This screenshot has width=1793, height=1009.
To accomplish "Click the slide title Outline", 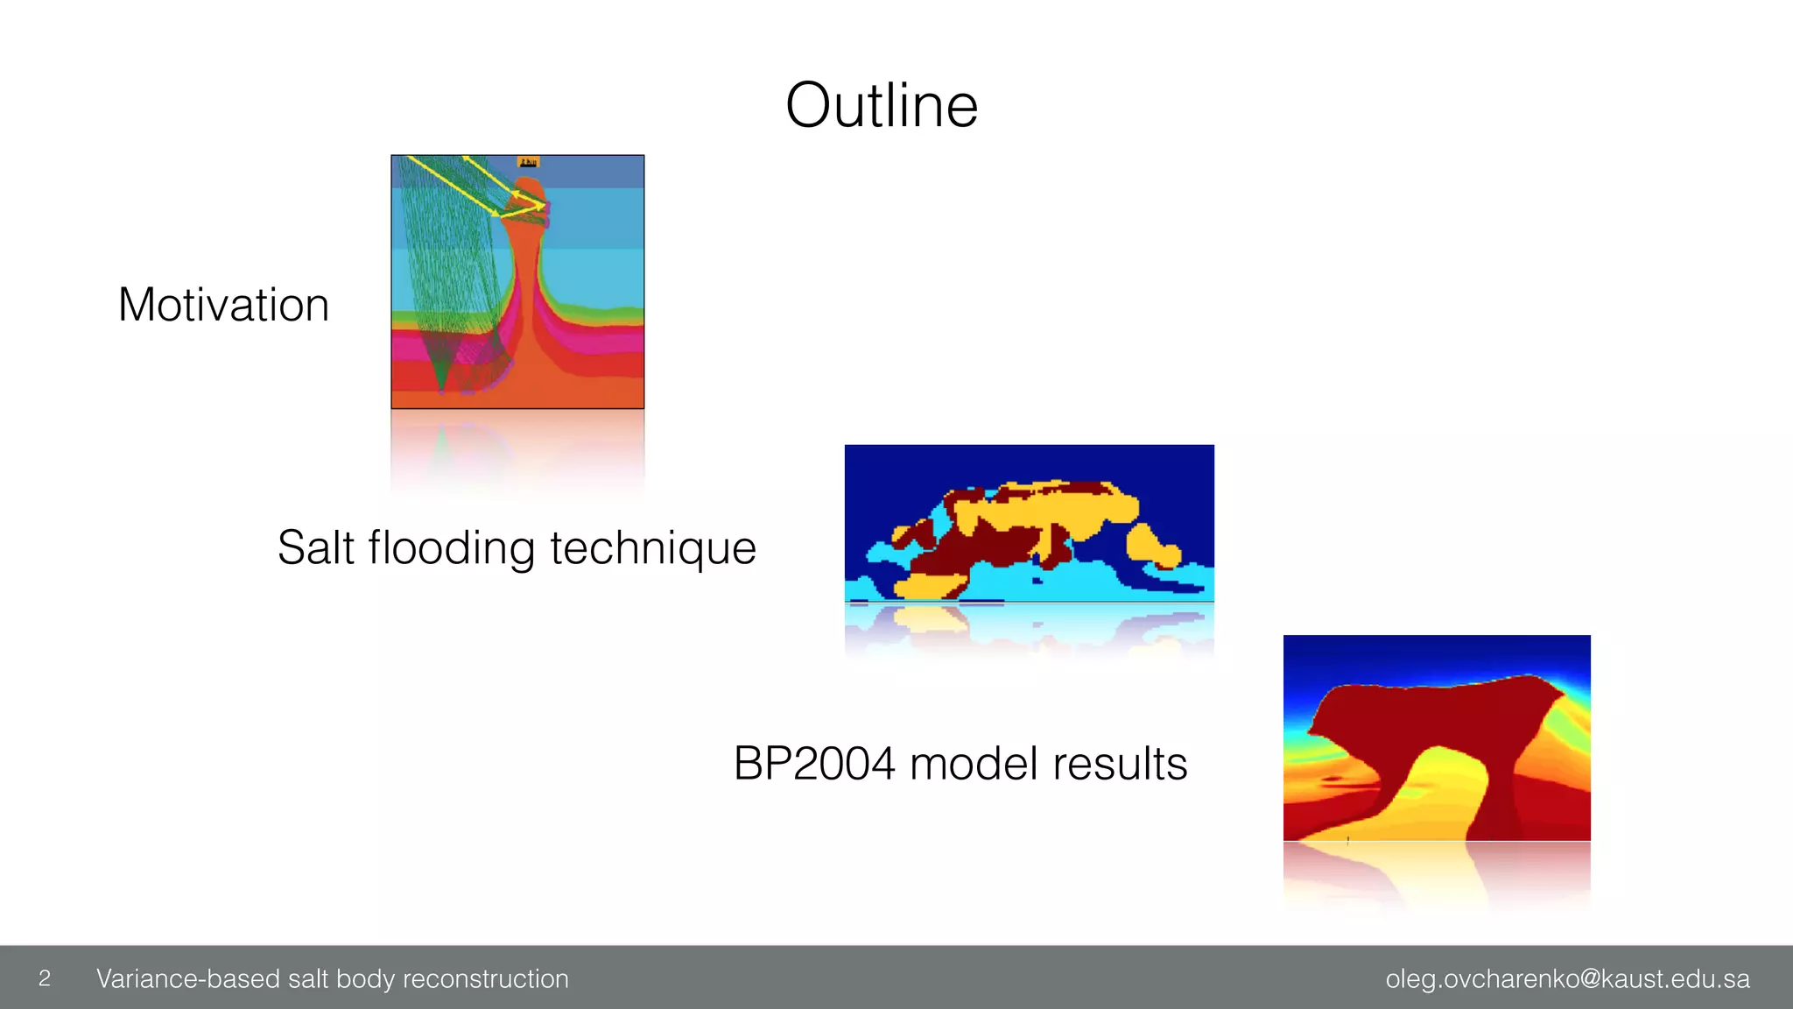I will pyautogui.click(x=882, y=106).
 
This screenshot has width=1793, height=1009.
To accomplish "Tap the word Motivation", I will pyautogui.click(x=223, y=305).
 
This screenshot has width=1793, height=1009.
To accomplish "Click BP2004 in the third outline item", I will pyautogui.click(x=814, y=764).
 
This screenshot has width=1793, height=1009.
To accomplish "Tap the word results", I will pyautogui.click(x=1121, y=764).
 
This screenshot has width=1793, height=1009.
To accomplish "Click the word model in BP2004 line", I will pyautogui.click(x=973, y=764).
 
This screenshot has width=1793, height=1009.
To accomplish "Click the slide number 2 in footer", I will pyautogui.click(x=45, y=978).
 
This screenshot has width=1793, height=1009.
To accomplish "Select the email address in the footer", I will pyautogui.click(x=1567, y=978).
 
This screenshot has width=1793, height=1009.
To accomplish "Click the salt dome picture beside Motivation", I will pyautogui.click(x=517, y=282).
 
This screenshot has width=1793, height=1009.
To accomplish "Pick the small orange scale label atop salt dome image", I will pyautogui.click(x=529, y=162).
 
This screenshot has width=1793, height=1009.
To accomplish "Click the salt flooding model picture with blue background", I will pyautogui.click(x=1029, y=524).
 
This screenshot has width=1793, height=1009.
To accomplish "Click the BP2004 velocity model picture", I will pyautogui.click(x=1437, y=737).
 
